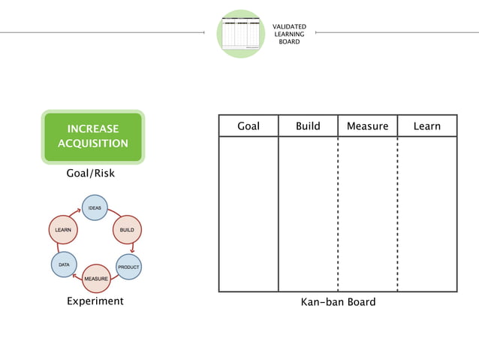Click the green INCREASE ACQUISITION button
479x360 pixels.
(92, 137)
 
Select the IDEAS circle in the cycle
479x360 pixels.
(95, 207)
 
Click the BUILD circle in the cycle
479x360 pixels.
(126, 228)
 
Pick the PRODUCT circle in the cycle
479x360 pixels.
(128, 267)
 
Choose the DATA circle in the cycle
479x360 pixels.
(63, 265)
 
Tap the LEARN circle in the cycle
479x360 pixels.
(62, 228)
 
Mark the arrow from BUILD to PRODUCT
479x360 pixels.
(132, 247)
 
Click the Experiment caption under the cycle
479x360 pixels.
(95, 301)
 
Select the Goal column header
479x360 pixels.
(249, 126)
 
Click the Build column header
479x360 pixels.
(308, 126)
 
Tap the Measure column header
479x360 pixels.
(367, 126)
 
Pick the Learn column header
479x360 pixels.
(426, 126)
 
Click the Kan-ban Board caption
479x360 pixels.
(338, 302)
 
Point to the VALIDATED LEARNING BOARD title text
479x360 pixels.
(289, 34)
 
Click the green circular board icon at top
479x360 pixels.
(241, 33)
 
